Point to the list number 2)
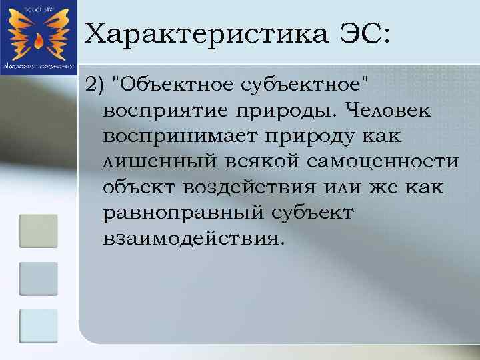click(95, 85)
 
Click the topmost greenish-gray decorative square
click(38, 229)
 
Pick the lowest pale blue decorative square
click(38, 326)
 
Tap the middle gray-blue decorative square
click(38, 278)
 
